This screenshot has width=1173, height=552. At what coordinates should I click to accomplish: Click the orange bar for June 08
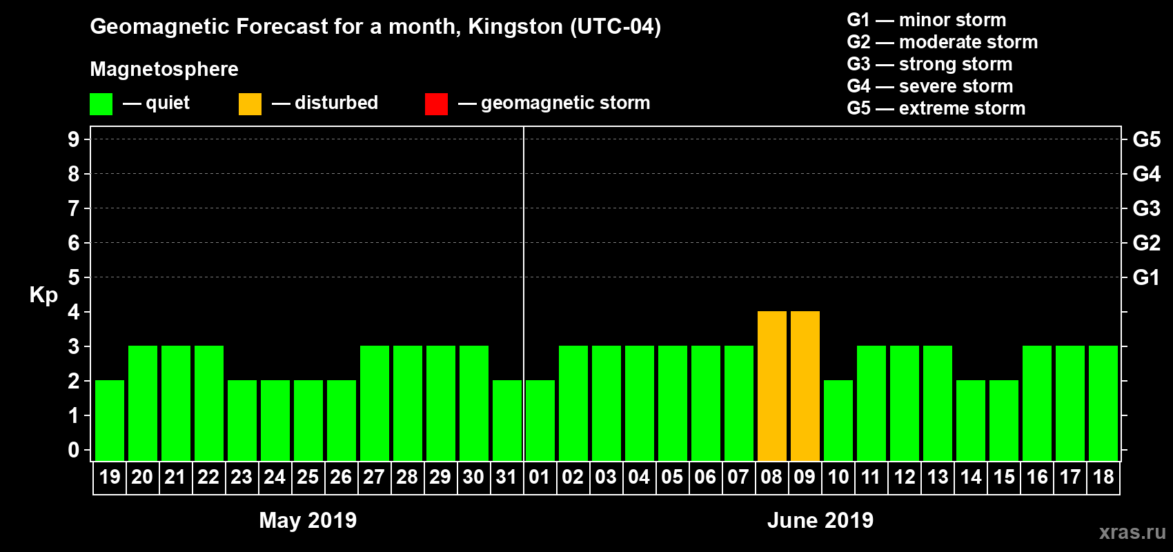[772, 386]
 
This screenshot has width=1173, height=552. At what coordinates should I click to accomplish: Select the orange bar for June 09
[805, 386]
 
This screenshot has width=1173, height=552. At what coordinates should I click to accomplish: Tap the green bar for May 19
[110, 420]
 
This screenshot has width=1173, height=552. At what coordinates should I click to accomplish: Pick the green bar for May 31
[507, 420]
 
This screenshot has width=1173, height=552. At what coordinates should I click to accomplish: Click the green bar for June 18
[1103, 403]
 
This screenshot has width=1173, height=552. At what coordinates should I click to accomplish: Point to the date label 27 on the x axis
[374, 477]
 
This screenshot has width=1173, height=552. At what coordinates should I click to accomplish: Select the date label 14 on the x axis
[971, 477]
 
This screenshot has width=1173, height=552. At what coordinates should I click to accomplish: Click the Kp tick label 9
[73, 139]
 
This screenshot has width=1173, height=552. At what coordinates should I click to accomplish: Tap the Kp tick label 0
[73, 450]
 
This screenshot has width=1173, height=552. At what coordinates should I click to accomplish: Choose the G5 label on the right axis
[1146, 139]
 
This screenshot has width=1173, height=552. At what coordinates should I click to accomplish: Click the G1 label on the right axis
[1146, 277]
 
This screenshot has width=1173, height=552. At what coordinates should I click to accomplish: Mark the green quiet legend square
[101, 104]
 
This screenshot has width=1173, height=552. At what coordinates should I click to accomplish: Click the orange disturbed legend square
[250, 104]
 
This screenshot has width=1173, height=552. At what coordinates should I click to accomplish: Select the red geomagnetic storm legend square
[436, 104]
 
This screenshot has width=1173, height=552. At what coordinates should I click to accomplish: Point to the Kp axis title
[43, 295]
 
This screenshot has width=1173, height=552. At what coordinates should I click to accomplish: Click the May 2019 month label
[308, 520]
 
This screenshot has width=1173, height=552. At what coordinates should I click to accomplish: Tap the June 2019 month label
[820, 520]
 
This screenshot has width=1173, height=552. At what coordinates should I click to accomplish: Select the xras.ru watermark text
[1132, 532]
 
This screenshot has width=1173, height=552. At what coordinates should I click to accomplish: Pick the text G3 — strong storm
[929, 64]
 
